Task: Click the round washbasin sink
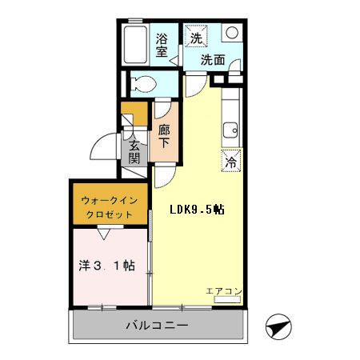point(231,34)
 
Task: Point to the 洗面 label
point(213,59)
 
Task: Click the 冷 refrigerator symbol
point(230,160)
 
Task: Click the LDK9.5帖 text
point(196,210)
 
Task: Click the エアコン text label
point(222,290)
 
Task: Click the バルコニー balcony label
point(156,326)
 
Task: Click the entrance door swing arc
point(102,147)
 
